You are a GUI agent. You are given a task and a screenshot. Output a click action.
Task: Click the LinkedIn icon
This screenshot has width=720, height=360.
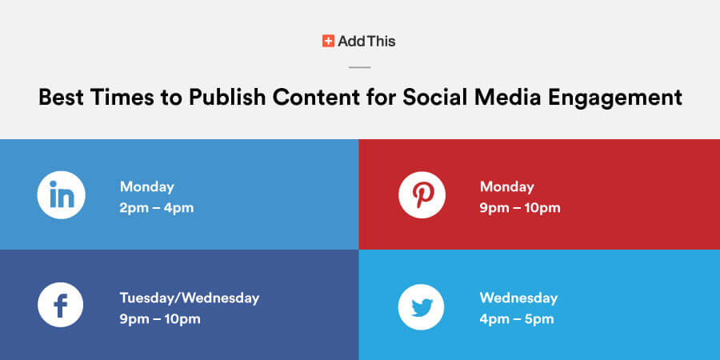point(61,194)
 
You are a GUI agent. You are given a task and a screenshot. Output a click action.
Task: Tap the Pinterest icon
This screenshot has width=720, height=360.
point(422,194)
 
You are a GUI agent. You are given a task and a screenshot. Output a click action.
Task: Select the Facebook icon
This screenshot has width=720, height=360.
point(61,305)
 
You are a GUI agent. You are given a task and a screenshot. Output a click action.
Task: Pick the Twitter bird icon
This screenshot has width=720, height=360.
point(421,306)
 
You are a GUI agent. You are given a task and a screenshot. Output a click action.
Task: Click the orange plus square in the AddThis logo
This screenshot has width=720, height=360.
point(328,41)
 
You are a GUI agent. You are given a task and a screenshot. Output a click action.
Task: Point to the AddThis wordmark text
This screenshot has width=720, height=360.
point(366,42)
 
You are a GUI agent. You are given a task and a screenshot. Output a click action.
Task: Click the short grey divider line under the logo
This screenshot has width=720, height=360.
point(359,67)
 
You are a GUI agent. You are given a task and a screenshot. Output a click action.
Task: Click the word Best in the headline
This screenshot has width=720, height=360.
point(61,98)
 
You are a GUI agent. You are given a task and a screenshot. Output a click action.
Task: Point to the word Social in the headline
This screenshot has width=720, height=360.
point(435,98)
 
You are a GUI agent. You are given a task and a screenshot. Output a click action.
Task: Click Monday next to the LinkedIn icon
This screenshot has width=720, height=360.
point(147,187)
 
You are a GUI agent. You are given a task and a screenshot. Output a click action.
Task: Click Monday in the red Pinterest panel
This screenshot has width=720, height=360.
point(507,187)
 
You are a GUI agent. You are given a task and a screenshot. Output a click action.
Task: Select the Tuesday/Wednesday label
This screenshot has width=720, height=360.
point(190,298)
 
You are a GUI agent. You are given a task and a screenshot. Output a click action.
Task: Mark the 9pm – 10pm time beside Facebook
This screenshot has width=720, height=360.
point(160,319)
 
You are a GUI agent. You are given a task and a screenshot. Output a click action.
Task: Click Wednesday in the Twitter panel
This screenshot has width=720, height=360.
point(518,298)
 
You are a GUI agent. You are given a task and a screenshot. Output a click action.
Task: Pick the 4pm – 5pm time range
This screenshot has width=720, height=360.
point(517,319)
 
